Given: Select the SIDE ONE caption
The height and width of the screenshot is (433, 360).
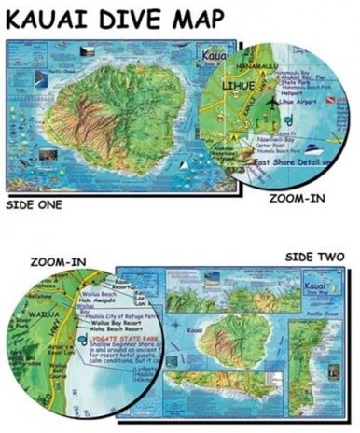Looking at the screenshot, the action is pyautogui.click(x=36, y=203).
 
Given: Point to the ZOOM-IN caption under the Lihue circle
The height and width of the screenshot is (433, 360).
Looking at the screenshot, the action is pyautogui.click(x=297, y=198).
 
